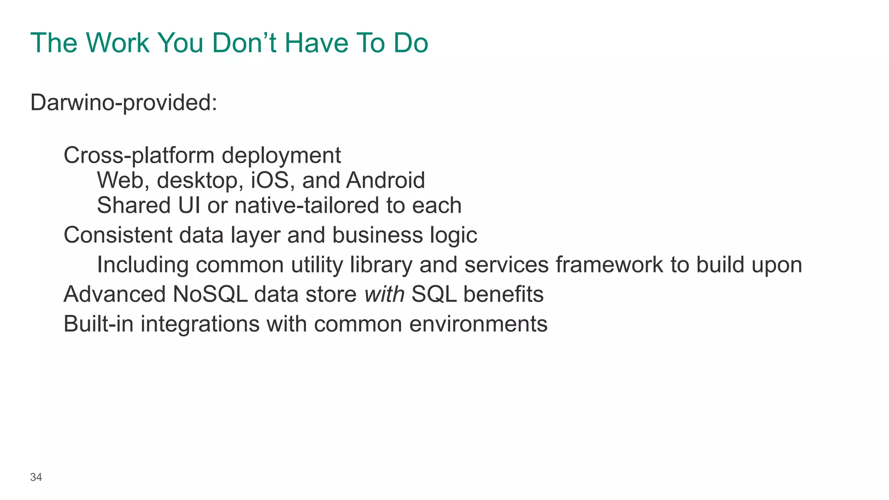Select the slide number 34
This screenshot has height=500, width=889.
(36, 477)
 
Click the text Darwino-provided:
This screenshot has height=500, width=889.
(124, 103)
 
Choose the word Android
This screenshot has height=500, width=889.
(385, 181)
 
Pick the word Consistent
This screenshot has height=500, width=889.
(118, 235)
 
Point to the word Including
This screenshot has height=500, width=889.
(142, 265)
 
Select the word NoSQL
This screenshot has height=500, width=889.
(210, 294)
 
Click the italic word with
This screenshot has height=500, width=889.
(384, 294)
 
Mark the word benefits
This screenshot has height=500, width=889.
(503, 294)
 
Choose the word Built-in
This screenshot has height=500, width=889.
(98, 324)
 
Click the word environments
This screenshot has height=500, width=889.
(478, 324)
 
